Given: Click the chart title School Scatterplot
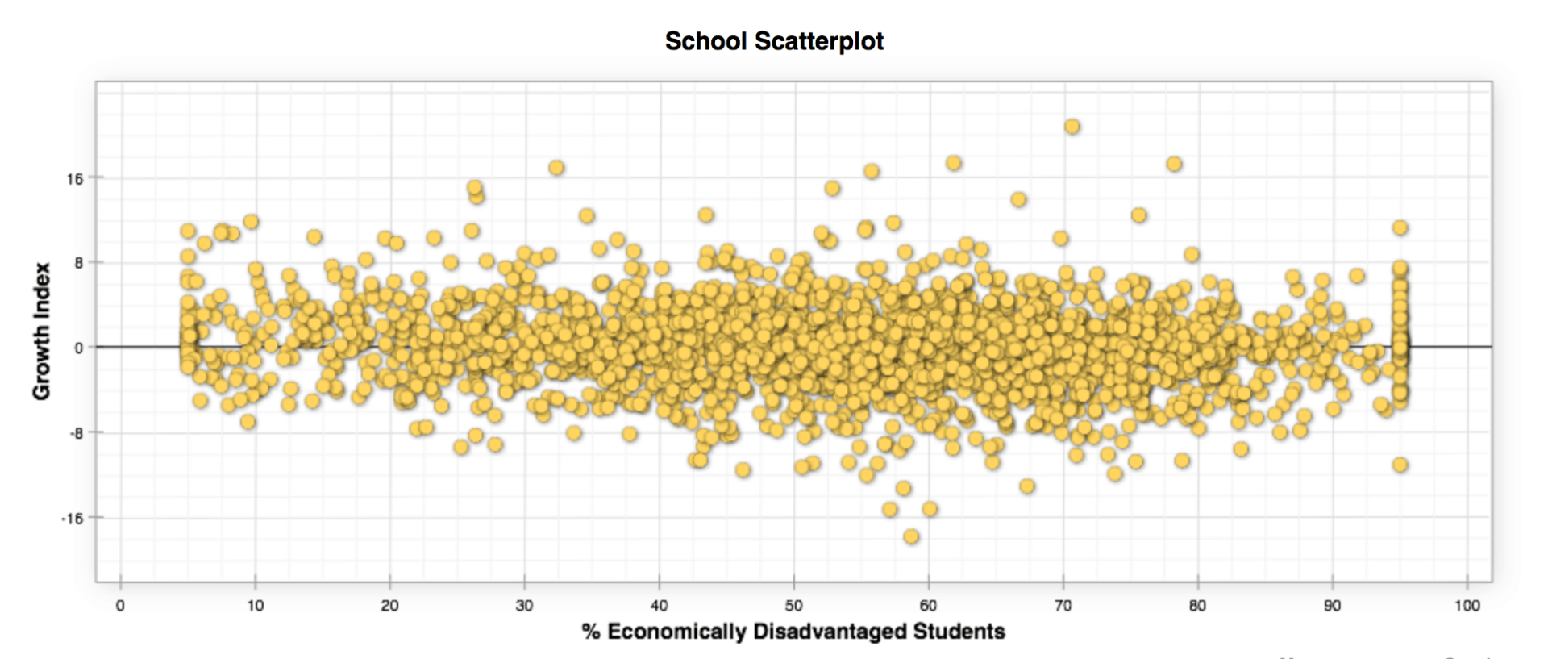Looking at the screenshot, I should point(774,41).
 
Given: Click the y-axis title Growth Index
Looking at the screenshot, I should point(41,331).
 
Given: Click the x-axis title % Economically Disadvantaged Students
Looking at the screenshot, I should point(793,632).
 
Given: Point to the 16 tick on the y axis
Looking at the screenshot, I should point(75,179).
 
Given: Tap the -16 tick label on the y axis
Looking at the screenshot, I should point(73,519).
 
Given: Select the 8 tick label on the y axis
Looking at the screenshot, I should point(78,263).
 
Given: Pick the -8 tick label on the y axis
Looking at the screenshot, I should point(76,434).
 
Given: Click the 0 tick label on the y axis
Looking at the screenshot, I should point(78,348).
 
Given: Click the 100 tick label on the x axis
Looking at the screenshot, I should point(1467,606).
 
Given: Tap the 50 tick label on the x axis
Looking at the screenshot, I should point(794,606).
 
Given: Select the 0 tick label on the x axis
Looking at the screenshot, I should point(120,606).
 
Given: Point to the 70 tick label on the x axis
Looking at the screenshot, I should point(1063,606).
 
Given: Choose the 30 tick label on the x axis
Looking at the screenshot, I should point(525,606).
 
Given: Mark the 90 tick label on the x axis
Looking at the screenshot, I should point(1333,606).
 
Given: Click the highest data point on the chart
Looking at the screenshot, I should point(1072,127).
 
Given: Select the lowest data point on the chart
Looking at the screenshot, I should point(911,536).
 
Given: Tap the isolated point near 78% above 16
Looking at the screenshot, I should point(1174,165).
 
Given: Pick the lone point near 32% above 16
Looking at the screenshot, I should point(556,168).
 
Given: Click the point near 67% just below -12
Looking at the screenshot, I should point(1027,486).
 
